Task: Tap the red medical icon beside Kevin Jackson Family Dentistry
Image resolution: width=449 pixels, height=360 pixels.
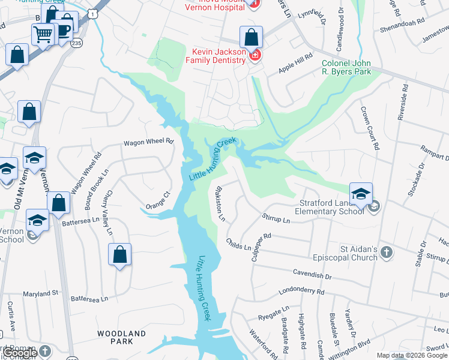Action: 255,56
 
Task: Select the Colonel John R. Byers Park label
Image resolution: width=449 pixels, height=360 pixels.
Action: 346,67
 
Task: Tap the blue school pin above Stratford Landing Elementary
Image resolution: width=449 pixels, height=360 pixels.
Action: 361,194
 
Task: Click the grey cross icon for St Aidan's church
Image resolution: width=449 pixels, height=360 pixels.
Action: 387,253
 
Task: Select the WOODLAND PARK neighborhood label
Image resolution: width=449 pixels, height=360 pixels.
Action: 122,337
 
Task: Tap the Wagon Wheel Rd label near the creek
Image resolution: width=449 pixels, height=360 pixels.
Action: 148,142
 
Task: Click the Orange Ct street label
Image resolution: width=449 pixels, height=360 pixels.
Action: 158,200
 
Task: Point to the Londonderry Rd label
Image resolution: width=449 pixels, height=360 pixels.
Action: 301,292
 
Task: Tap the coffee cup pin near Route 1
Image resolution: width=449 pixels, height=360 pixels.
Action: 62,31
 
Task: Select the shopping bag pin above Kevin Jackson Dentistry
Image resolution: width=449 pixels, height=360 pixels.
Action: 251,37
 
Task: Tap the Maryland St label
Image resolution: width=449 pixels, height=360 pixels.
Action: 40,294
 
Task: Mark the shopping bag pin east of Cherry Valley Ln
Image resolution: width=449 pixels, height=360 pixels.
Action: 120,254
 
